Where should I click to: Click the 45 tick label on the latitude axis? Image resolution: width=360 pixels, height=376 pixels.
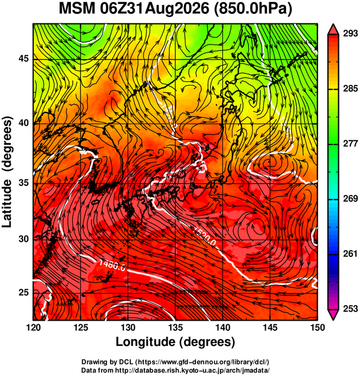tap(23, 58)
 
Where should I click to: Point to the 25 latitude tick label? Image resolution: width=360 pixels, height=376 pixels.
tap(23, 292)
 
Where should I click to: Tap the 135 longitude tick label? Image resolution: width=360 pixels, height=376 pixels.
tap(175, 327)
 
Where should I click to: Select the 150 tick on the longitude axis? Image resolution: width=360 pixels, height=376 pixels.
tap(317, 327)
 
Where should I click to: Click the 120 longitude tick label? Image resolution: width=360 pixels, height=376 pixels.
tap(33, 327)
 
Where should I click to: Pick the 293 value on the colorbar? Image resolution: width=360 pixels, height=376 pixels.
tap(350, 33)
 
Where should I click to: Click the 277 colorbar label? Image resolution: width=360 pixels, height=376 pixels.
tap(350, 143)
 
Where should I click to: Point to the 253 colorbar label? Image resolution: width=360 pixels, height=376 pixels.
tap(350, 309)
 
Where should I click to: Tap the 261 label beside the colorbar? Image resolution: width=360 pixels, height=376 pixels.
tap(350, 253)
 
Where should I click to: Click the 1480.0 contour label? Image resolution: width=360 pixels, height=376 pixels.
tap(112, 265)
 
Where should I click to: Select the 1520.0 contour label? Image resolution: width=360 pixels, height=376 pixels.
tap(205, 237)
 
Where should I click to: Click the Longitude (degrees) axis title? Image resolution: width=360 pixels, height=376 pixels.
tap(175, 342)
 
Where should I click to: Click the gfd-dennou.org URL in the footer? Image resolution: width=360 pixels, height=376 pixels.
tap(203, 362)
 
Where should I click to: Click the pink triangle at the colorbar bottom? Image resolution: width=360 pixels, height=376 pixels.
tap(333, 315)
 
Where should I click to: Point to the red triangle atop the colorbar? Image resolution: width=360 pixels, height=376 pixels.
tap(333, 29)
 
